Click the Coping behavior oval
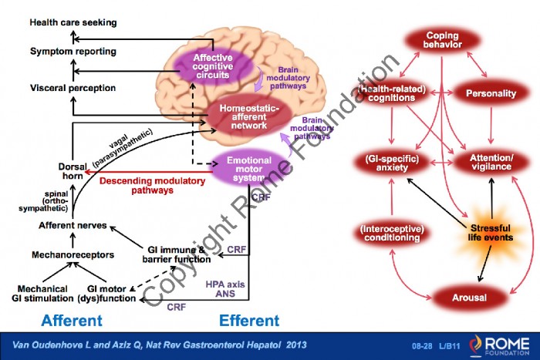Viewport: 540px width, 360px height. pos(443,40)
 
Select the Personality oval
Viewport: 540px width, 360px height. pos(491,93)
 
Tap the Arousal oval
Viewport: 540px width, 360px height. pos(469,298)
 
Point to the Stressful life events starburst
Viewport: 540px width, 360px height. pos(491,233)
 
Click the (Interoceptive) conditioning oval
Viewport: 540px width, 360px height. pos(392,233)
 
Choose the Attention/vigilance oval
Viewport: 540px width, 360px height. pos(491,163)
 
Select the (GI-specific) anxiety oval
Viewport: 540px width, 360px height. pos(392,163)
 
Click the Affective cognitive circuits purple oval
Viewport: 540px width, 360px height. pos(212,66)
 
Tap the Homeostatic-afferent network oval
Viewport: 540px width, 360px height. pos(248,117)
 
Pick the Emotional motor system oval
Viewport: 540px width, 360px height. pos(248,169)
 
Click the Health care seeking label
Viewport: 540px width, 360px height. pos(73,22)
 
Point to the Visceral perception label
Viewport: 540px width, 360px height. pos(73,88)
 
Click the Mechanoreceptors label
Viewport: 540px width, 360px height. pos(73,254)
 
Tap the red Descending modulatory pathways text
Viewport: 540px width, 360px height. pos(152,185)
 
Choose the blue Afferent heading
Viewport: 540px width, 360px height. pos(72,321)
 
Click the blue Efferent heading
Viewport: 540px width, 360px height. pos(249,321)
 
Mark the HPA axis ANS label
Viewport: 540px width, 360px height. pos(225,289)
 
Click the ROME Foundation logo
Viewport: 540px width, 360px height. pos(499,345)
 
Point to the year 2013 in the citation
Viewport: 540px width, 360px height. pos(296,345)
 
